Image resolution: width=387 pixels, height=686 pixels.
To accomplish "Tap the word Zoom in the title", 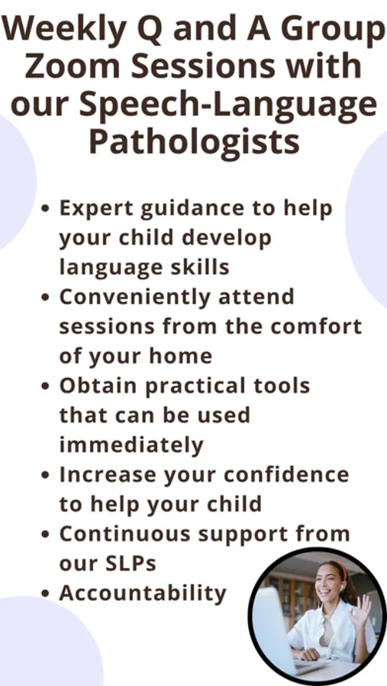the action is (x=72, y=66).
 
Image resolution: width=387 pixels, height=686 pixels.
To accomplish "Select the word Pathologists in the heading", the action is (x=195, y=143).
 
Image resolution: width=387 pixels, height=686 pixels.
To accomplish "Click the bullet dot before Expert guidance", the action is (x=45, y=208).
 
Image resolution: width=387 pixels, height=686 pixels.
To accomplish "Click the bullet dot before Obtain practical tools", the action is (x=45, y=386).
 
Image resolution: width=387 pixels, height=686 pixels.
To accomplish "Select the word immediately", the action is (x=131, y=445).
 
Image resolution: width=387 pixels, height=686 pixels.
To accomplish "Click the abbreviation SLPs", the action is (x=131, y=563).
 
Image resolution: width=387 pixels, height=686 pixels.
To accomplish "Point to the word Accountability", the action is (x=143, y=594).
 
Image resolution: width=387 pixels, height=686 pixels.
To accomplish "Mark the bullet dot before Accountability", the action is (x=45, y=594).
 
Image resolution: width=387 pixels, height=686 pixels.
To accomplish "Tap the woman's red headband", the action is (x=340, y=571).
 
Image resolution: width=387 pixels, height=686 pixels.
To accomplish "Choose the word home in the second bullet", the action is (x=181, y=356).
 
